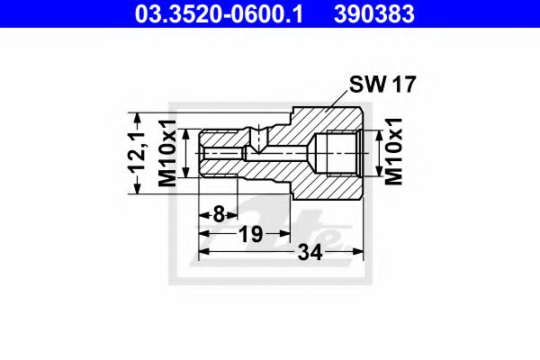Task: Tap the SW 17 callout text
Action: [385, 86]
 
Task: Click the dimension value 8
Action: [219, 214]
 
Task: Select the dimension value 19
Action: [250, 235]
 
